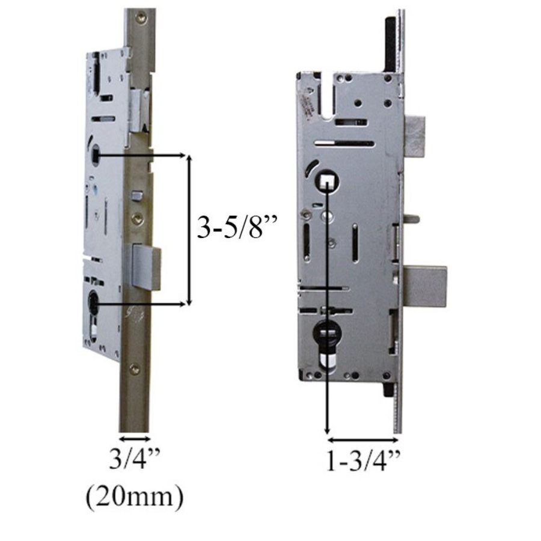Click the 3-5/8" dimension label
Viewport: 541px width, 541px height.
pos(237,227)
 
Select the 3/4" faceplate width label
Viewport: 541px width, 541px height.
pos(135,459)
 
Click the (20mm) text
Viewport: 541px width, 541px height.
pos(135,497)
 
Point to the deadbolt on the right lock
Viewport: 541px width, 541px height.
pos(425,287)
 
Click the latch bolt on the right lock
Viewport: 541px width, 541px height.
pos(415,137)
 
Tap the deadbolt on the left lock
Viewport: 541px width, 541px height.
pos(146,267)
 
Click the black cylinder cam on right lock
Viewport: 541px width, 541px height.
pos(326,333)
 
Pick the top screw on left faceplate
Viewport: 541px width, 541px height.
pos(141,18)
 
